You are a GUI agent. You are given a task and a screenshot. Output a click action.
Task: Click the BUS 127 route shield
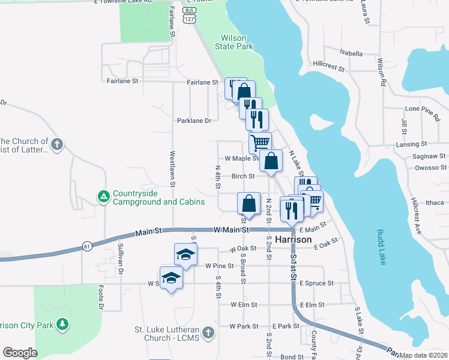(x=190, y=14)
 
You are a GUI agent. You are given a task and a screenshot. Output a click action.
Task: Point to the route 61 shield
(x=87, y=246)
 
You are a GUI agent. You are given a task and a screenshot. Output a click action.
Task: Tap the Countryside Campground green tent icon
(x=103, y=196)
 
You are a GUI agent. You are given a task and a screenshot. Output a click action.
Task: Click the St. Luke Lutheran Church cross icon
(x=208, y=332)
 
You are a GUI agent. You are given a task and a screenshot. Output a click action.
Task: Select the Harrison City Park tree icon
(x=62, y=325)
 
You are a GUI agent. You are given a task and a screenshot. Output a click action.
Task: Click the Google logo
(x=20, y=352)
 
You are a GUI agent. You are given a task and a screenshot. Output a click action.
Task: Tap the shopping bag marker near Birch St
(x=271, y=161)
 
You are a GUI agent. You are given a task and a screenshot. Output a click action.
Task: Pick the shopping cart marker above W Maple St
(x=260, y=143)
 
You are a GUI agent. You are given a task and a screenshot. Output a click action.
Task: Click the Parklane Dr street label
(x=194, y=121)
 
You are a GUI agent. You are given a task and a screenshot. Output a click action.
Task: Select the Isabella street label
(x=351, y=53)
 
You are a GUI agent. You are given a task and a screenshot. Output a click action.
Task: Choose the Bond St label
(x=292, y=356)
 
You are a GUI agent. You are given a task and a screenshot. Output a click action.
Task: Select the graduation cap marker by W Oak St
(x=185, y=254)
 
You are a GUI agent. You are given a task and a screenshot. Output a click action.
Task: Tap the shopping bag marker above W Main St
(x=249, y=203)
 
